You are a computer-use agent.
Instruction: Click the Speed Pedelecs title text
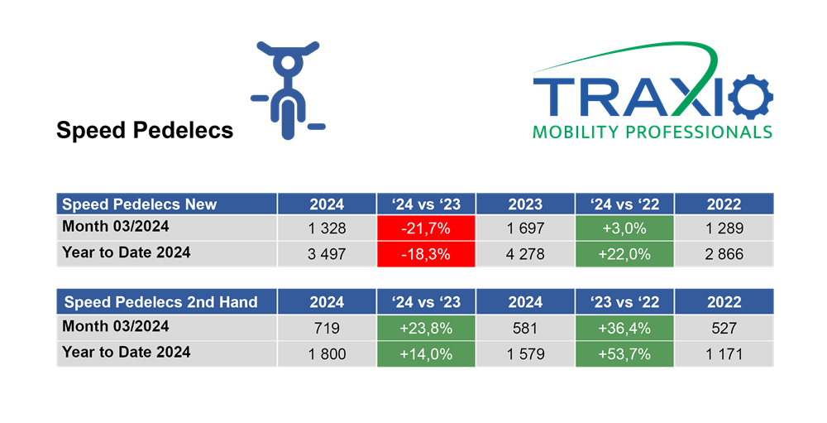(145, 131)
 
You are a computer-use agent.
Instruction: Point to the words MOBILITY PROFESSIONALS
(653, 132)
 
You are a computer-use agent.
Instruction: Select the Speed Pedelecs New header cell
(167, 204)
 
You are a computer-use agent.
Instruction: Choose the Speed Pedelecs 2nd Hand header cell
(167, 301)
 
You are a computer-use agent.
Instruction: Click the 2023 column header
(525, 204)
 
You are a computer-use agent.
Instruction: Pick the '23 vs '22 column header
(624, 301)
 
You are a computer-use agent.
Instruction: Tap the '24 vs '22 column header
(624, 204)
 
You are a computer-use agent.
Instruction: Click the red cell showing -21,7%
(426, 228)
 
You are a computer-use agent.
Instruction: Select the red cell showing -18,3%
(426, 254)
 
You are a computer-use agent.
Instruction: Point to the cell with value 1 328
(327, 228)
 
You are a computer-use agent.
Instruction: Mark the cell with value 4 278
(525, 254)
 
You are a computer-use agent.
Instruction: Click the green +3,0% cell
(624, 228)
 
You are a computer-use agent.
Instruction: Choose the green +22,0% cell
(624, 254)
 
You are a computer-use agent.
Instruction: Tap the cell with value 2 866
(724, 254)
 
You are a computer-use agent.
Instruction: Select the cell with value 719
(327, 328)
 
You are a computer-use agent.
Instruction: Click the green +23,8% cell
(426, 328)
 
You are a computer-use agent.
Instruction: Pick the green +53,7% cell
(624, 353)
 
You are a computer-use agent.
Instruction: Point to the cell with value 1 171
(724, 353)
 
